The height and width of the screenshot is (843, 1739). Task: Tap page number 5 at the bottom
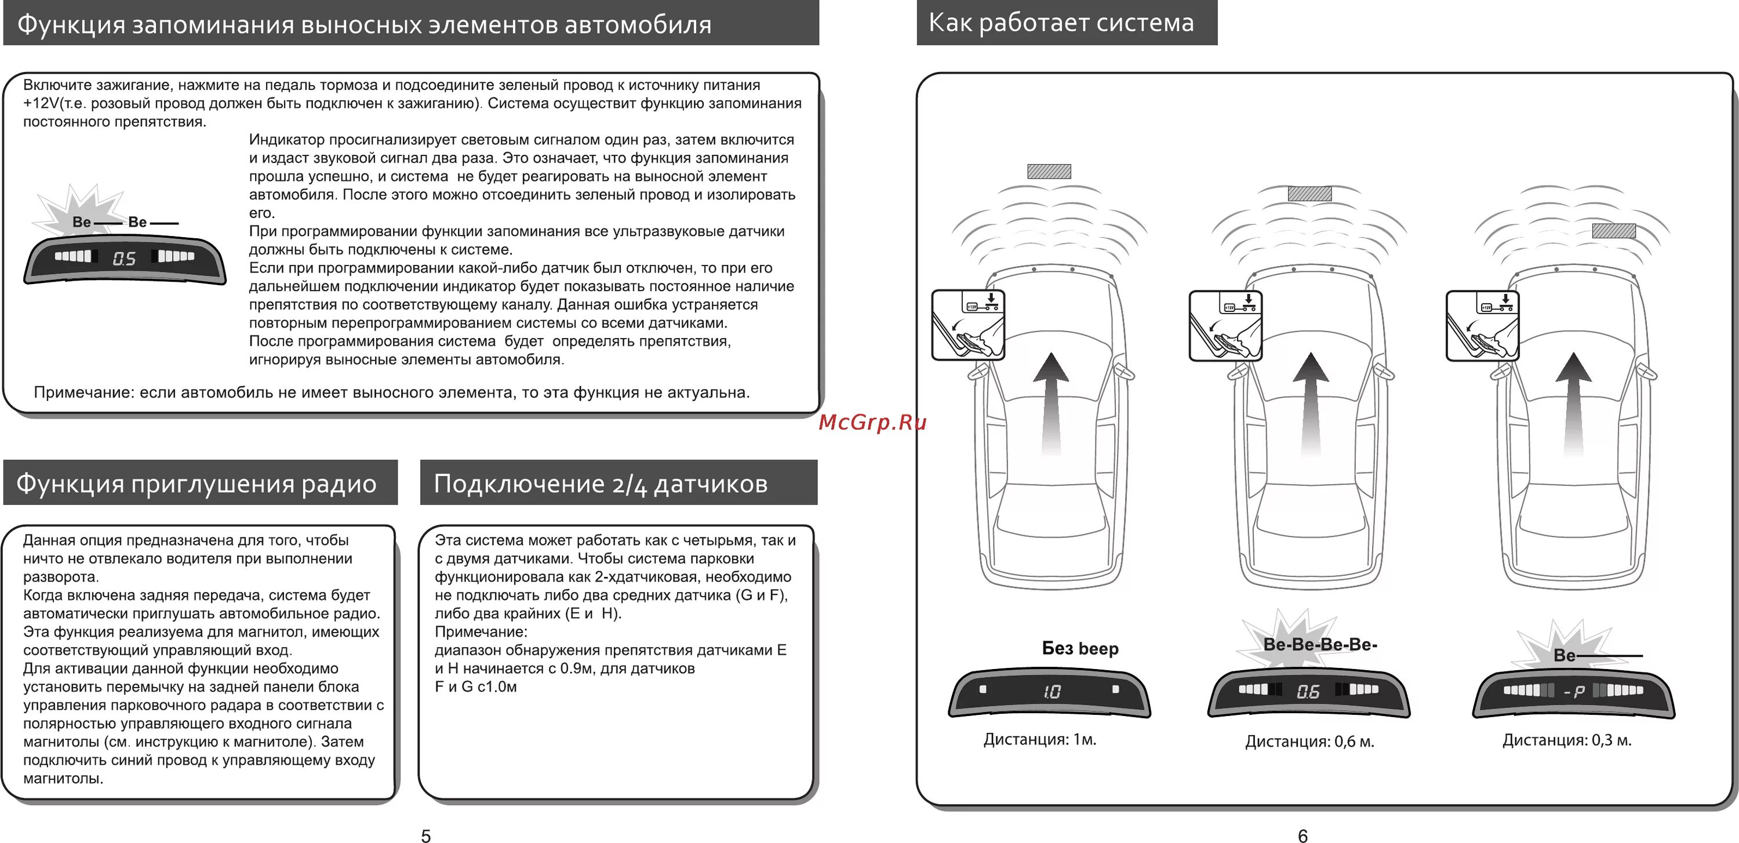[425, 835]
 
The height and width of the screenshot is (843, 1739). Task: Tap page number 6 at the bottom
[1303, 835]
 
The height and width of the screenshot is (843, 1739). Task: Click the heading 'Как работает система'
[1061, 23]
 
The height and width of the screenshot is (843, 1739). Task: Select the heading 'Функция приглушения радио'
[197, 484]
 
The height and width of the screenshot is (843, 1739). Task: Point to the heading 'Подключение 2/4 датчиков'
[600, 484]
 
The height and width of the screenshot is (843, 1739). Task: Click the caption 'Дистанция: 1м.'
[1039, 739]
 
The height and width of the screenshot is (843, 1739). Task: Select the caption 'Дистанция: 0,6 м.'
[1309, 741]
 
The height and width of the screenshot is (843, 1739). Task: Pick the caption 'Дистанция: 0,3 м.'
[1566, 740]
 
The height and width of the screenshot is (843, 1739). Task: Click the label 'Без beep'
[1080, 648]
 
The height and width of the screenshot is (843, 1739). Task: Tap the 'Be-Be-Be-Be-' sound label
[1320, 644]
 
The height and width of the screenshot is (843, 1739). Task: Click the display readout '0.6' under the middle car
[1308, 691]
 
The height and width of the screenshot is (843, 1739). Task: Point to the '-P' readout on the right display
[1574, 691]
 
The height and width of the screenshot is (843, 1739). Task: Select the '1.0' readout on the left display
[1052, 691]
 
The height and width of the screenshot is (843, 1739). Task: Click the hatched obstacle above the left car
[1049, 172]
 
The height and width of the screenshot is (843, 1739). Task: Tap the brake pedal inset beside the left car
[968, 325]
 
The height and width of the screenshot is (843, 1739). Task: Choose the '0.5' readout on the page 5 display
[124, 259]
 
